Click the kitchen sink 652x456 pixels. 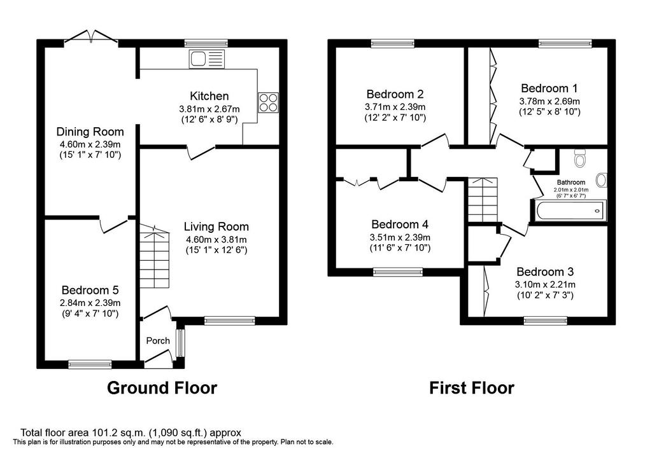207,59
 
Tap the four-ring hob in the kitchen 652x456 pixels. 268,102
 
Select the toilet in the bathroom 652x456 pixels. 579,158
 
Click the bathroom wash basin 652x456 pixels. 601,180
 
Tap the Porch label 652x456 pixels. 158,340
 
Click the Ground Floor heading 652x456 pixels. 162,388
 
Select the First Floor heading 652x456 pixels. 472,388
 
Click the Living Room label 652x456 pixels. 216,226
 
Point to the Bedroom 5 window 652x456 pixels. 90,364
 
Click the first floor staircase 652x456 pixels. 483,200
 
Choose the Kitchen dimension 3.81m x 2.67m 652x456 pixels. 209,109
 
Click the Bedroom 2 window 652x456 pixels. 393,43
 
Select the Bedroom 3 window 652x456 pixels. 545,320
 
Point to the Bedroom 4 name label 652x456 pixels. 400,225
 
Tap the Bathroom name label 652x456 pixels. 571,183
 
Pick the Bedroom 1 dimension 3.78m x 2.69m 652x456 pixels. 549,101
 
